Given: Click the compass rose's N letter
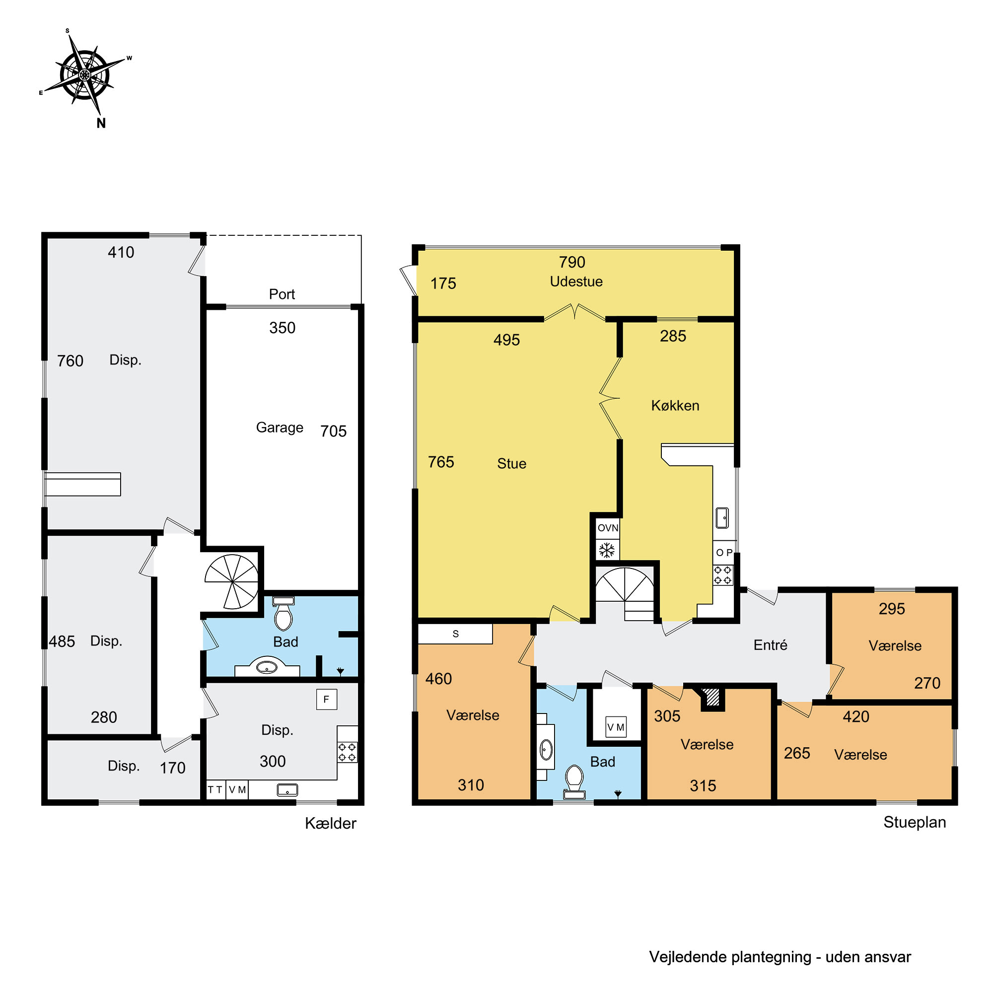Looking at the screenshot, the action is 101,123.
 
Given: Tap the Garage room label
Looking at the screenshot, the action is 280,427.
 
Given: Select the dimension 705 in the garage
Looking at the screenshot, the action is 333,431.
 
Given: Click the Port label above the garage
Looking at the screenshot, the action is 282,294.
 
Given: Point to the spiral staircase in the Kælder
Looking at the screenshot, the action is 232,582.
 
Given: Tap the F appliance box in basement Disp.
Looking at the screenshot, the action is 326,699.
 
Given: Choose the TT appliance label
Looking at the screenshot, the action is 215,789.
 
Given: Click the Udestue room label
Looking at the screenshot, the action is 576,282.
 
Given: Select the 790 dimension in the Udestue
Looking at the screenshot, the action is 572,262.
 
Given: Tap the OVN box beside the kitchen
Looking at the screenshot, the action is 608,528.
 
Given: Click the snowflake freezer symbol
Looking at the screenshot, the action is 607,550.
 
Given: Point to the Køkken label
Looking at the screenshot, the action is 675,406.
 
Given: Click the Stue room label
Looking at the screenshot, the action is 511,464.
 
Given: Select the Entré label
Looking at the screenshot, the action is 770,645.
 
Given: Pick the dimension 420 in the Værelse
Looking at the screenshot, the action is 856,716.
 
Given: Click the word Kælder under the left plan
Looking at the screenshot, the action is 331,823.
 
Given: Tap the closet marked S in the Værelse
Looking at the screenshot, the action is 455,634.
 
